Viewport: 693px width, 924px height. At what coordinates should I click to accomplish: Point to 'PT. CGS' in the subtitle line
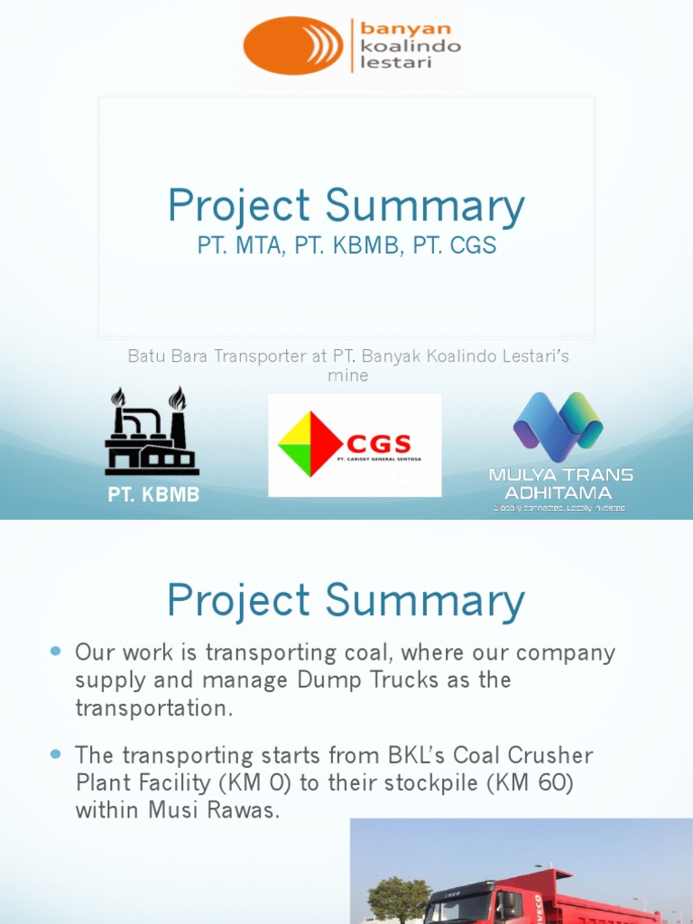455,245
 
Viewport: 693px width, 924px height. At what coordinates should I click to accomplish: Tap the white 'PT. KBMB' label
154,495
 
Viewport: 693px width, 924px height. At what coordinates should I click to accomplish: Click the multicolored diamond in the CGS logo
310,444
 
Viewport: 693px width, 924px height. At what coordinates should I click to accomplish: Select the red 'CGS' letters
380,443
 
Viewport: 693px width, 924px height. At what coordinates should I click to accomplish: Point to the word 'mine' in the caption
347,375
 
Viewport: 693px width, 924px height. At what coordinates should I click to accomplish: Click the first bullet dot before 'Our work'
56,651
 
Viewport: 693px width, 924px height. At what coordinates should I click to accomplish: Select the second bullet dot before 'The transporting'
56,753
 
